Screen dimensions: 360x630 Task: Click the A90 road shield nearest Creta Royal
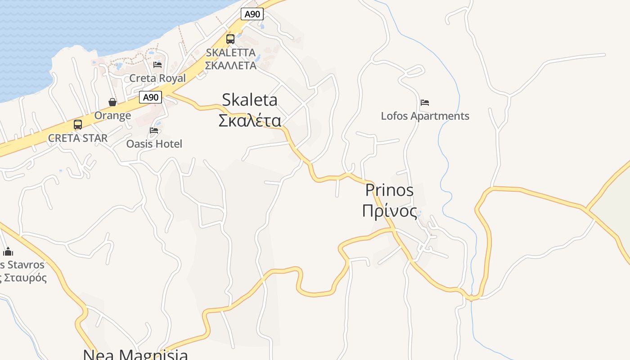pyautogui.click(x=150, y=97)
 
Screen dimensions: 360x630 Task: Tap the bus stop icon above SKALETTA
pyautogui.click(x=230, y=39)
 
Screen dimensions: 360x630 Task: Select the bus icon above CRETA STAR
pyautogui.click(x=78, y=125)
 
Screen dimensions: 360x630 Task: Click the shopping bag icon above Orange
pyautogui.click(x=112, y=102)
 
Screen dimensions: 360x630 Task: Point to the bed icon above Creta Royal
pyautogui.click(x=157, y=65)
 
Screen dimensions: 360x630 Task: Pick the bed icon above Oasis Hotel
pyautogui.click(x=154, y=131)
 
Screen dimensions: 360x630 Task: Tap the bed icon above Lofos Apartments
pyautogui.click(x=425, y=103)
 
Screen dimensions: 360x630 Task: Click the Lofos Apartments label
pyautogui.click(x=425, y=116)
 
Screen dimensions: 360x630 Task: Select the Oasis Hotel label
pyautogui.click(x=154, y=144)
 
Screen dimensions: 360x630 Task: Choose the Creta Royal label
pyautogui.click(x=157, y=78)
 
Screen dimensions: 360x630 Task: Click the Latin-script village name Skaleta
pyautogui.click(x=250, y=99)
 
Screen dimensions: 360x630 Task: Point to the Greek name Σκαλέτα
pyautogui.click(x=250, y=121)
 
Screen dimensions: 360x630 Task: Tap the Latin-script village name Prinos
pyautogui.click(x=389, y=190)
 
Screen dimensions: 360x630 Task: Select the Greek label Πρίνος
pyautogui.click(x=390, y=211)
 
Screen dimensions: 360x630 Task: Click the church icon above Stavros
pyautogui.click(x=8, y=251)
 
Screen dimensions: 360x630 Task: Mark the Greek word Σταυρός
pyautogui.click(x=25, y=278)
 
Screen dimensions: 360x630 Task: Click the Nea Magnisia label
pyautogui.click(x=135, y=355)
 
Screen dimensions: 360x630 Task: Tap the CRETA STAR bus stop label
pyautogui.click(x=78, y=138)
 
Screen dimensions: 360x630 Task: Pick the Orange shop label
pyautogui.click(x=112, y=116)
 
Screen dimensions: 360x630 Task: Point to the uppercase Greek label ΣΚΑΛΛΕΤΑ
pyautogui.click(x=230, y=66)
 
